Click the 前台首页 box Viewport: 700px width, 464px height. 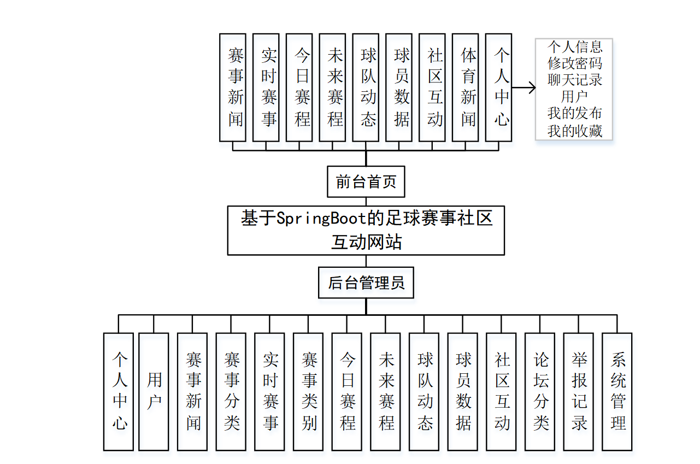pos(366,181)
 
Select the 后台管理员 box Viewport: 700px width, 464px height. pos(366,283)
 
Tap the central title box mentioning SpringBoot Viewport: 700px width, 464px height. pos(366,230)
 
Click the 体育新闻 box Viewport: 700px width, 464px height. pos(468,87)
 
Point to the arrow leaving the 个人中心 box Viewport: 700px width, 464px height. pos(523,87)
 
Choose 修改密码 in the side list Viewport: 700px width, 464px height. pos(575,63)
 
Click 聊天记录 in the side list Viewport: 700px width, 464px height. pos(575,80)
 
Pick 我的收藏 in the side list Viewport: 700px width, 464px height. pos(575,131)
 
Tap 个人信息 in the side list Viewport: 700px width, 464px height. pos(575,46)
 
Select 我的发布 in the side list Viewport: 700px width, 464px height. pos(575,114)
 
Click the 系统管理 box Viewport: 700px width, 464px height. pos(617,391)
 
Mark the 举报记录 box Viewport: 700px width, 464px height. pos(579,391)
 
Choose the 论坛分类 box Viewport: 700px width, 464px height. pos(540,391)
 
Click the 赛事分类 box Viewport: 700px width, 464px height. pos(231,391)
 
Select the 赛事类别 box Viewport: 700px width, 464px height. pos(309,391)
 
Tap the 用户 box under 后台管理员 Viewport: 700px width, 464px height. pos(154,391)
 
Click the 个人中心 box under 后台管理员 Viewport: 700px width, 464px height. pos(119,391)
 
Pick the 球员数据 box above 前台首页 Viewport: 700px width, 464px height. pos(402,87)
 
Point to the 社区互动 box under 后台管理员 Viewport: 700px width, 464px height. pos(502,391)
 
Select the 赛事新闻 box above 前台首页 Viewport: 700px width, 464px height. pos(235,87)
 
